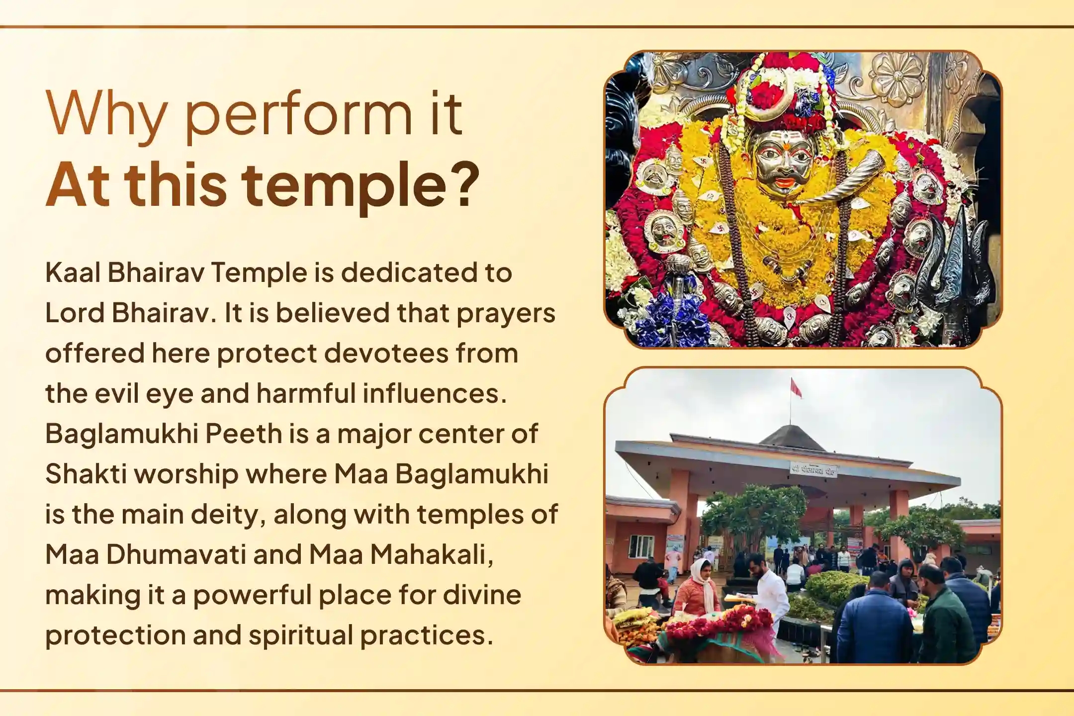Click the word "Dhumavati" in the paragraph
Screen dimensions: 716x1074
[176, 554]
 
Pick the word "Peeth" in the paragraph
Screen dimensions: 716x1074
[244, 434]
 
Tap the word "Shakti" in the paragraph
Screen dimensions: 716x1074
[85, 474]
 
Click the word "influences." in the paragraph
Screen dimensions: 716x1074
[435, 393]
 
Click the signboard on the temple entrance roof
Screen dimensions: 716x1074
[814, 469]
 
